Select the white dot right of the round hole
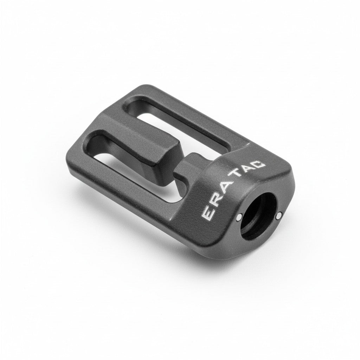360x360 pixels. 279,216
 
